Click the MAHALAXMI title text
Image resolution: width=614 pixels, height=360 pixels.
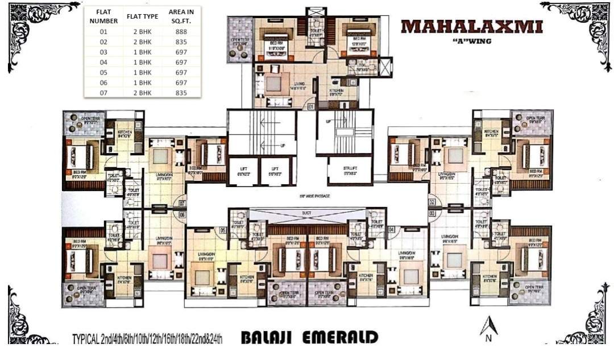471,27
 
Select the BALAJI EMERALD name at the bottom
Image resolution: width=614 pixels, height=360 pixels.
309,337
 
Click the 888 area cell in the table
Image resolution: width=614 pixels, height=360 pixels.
181,32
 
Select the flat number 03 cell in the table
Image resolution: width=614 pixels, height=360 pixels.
103,52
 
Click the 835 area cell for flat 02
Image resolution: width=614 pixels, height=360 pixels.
181,42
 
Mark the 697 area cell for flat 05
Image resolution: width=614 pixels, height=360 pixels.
181,73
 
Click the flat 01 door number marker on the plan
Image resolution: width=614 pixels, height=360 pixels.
312,106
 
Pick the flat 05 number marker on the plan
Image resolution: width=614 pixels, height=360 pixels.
223,230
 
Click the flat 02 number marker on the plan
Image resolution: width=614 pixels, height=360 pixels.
432,202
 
